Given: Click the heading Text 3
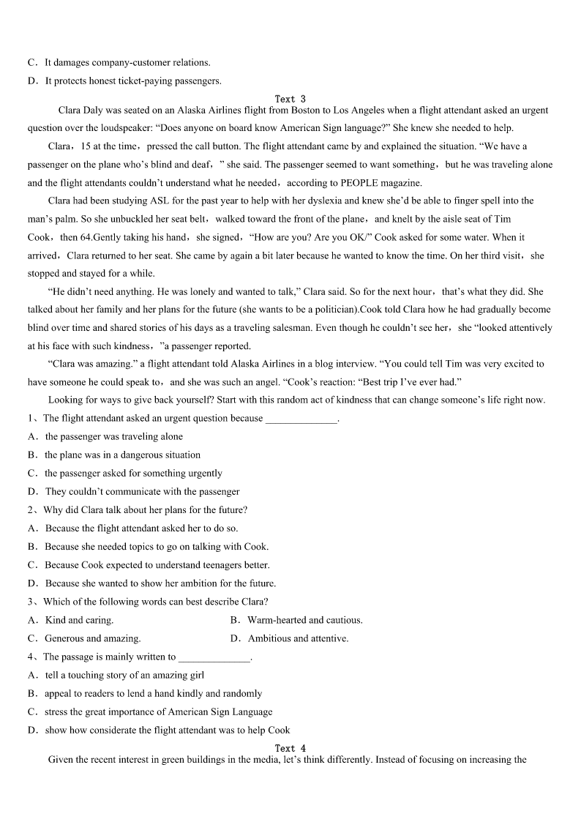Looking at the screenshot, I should point(290,99).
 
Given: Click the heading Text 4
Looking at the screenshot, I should point(290,748).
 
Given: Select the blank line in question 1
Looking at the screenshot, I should point(301,419).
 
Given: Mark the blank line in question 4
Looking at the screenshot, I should point(214,657).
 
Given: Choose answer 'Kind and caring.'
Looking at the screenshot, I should point(79,620).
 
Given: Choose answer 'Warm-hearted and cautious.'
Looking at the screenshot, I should point(304,620).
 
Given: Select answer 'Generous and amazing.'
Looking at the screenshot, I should point(92,638).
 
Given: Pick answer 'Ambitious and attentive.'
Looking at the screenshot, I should point(298,638).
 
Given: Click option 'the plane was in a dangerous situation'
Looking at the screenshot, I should point(122,455).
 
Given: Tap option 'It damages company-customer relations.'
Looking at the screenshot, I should point(127,63).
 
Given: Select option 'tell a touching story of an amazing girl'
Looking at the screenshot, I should point(124,675).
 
